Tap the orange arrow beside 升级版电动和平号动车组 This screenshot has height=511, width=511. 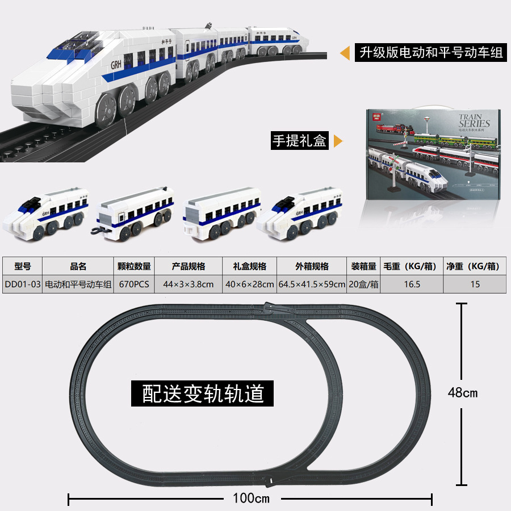[344, 54]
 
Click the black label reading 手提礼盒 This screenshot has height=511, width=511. [300, 141]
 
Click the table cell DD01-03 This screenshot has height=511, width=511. [22, 284]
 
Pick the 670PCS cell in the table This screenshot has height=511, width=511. [134, 284]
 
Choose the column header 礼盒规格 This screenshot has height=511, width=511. [249, 266]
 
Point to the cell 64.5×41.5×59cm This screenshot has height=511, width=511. [312, 284]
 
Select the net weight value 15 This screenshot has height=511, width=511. [475, 284]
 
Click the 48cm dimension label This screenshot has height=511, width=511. [463, 392]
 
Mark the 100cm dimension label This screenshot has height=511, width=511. [251, 499]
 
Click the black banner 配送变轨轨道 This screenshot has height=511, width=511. [203, 393]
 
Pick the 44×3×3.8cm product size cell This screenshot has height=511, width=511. [189, 284]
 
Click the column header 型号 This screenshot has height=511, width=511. [22, 266]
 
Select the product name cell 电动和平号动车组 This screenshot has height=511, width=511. [78, 284]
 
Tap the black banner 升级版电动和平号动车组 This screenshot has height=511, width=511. [429, 53]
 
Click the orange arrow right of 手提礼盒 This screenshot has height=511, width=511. [338, 141]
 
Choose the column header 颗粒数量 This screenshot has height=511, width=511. [134, 266]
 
